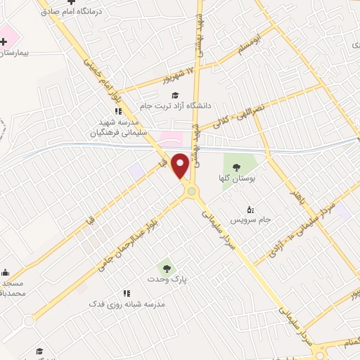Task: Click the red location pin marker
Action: point(181,166)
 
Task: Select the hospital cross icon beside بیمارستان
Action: point(5,41)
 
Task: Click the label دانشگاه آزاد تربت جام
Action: point(176,105)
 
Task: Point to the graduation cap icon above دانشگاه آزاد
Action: point(174,94)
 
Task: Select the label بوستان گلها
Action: point(236,179)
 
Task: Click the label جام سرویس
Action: point(250,219)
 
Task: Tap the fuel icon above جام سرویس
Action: point(250,209)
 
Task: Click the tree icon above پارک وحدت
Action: point(165,267)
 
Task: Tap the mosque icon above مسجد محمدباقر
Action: point(5,273)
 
